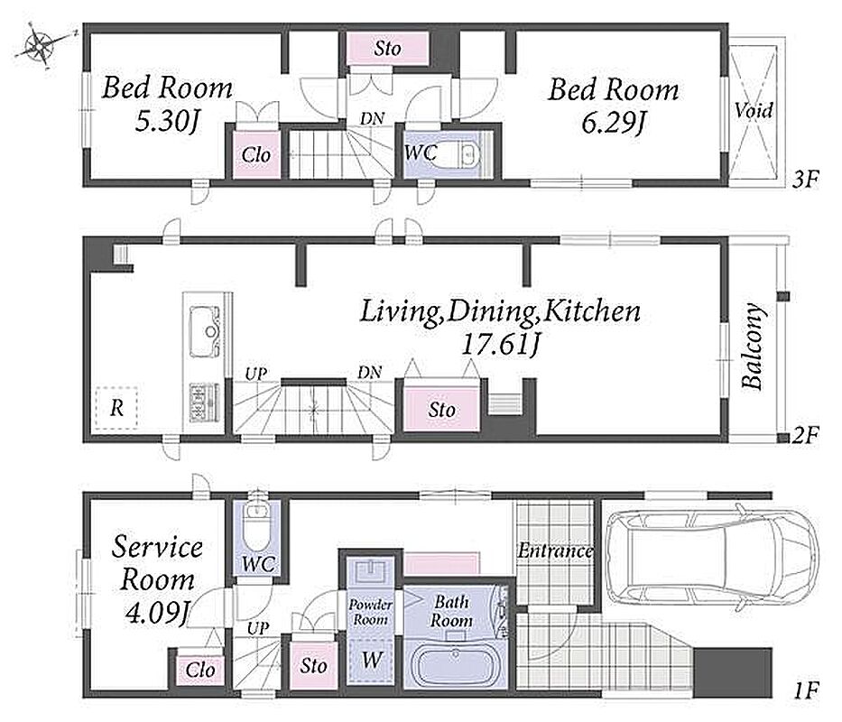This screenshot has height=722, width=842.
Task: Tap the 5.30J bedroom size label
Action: [167, 122]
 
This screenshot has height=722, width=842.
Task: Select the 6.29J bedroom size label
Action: [614, 123]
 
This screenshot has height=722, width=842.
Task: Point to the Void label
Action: [754, 110]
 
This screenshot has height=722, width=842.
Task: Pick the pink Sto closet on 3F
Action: [387, 49]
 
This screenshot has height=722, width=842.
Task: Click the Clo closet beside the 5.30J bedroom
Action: [256, 154]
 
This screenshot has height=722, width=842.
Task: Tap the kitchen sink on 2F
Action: [205, 330]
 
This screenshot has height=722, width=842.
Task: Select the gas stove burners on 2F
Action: [204, 402]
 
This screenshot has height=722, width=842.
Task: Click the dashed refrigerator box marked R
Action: [116, 408]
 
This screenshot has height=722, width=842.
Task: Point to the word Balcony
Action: [753, 346]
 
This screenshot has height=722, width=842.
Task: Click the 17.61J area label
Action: [500, 346]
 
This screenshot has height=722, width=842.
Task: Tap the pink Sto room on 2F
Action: [441, 410]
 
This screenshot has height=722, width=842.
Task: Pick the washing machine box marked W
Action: [372, 661]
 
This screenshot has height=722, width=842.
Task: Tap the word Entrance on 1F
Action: [555, 551]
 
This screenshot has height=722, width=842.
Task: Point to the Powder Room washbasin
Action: [372, 570]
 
